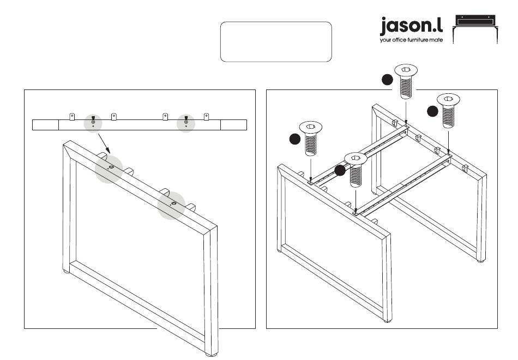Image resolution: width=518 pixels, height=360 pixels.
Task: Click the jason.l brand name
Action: tap(411, 26)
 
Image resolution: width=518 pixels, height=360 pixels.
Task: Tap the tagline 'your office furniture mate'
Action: tap(411, 40)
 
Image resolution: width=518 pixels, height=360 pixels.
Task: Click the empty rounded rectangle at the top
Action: tap(276, 41)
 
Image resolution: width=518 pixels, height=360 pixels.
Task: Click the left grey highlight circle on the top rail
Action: tap(93, 123)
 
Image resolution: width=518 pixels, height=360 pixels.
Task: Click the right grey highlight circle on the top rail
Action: tap(186, 123)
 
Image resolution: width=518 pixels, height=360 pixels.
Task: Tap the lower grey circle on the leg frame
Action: tap(173, 205)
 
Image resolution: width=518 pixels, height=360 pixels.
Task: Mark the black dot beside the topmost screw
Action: tap(387, 80)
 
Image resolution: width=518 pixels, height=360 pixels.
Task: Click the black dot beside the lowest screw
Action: tap(340, 170)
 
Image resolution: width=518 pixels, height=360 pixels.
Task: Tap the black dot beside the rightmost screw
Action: tap(432, 111)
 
